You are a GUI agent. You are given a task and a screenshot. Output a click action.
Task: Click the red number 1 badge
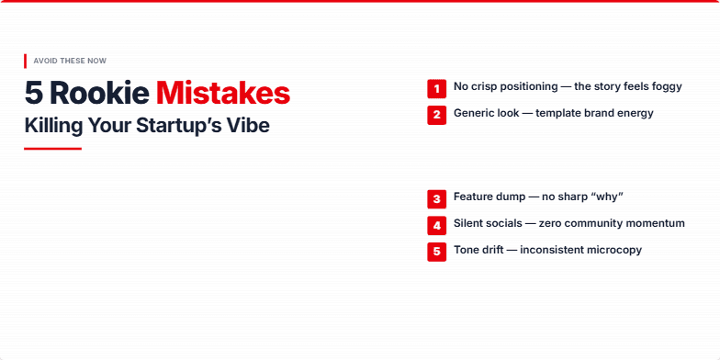(x=436, y=88)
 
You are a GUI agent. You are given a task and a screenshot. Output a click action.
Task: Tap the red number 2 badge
(x=436, y=115)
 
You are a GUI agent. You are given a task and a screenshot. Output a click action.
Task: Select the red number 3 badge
(x=436, y=198)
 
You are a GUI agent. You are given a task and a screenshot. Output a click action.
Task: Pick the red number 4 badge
(x=436, y=225)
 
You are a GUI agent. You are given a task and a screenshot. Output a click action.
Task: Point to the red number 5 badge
(x=436, y=252)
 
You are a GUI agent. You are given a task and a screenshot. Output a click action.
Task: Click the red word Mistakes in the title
(x=223, y=93)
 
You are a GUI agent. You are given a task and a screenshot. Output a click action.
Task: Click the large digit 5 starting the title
(x=34, y=93)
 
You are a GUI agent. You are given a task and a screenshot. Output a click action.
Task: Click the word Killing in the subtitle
(x=51, y=126)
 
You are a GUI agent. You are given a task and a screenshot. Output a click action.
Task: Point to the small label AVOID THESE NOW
(x=70, y=61)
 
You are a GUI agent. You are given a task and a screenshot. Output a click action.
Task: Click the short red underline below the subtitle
(x=52, y=148)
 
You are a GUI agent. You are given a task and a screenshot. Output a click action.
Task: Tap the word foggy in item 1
(x=663, y=87)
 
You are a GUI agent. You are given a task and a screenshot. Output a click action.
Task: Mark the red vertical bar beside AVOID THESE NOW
(x=26, y=61)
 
